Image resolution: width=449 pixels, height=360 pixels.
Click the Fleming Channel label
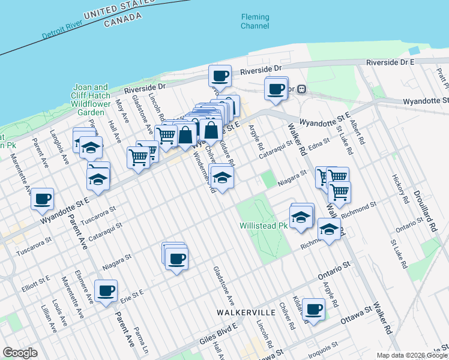coord(255,21)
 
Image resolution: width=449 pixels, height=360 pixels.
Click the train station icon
coord(302,89)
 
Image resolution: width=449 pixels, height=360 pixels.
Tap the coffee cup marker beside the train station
coord(276,89)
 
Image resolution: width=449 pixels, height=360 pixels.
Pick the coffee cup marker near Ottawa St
coord(313,310)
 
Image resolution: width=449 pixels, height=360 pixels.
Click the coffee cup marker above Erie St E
coord(106,291)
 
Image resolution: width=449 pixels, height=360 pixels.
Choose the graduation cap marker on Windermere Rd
coord(222,178)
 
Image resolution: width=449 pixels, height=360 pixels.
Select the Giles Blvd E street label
coord(219,334)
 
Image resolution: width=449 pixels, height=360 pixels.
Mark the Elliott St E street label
coord(37,280)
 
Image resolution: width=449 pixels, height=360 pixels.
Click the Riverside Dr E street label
coord(391,62)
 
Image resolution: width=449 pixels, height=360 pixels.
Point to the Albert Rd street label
coord(357,133)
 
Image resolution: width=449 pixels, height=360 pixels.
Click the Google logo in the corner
coord(20,353)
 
